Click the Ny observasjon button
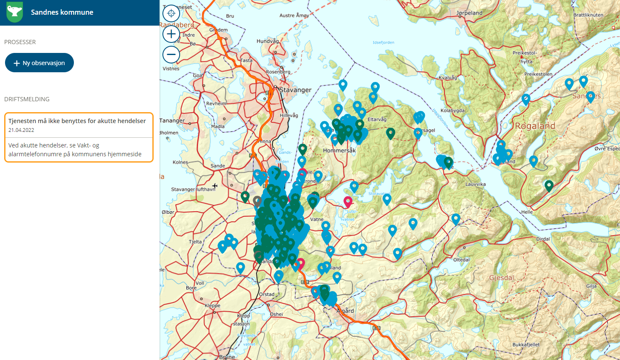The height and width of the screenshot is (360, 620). pyautogui.click(x=39, y=63)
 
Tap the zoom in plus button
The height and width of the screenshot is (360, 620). pyautogui.click(x=171, y=34)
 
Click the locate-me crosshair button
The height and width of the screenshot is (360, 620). pyautogui.click(x=171, y=13)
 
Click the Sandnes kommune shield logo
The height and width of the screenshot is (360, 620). pyautogui.click(x=15, y=12)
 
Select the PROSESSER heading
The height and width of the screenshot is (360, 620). pyautogui.click(x=20, y=42)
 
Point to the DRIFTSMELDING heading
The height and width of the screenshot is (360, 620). pyautogui.click(x=27, y=99)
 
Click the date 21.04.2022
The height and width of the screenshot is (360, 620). pyautogui.click(x=21, y=130)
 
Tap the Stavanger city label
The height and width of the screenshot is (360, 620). pyautogui.click(x=296, y=90)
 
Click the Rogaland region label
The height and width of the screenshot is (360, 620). pyautogui.click(x=535, y=126)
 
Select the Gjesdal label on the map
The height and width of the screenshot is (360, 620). pyautogui.click(x=501, y=278)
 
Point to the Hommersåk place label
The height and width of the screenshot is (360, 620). pyautogui.click(x=339, y=150)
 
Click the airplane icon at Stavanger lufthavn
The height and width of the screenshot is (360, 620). pyautogui.click(x=215, y=186)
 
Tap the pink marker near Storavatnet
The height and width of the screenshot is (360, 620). pyautogui.click(x=348, y=202)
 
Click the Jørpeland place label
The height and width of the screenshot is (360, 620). pyautogui.click(x=469, y=13)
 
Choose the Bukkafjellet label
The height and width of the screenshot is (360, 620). pyautogui.click(x=526, y=344)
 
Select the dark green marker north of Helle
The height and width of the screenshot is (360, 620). pyautogui.click(x=549, y=185)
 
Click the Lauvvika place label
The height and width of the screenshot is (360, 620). pyautogui.click(x=476, y=184)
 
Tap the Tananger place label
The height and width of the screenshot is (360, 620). pyautogui.click(x=172, y=121)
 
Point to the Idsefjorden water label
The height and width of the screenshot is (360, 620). pyautogui.click(x=383, y=42)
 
